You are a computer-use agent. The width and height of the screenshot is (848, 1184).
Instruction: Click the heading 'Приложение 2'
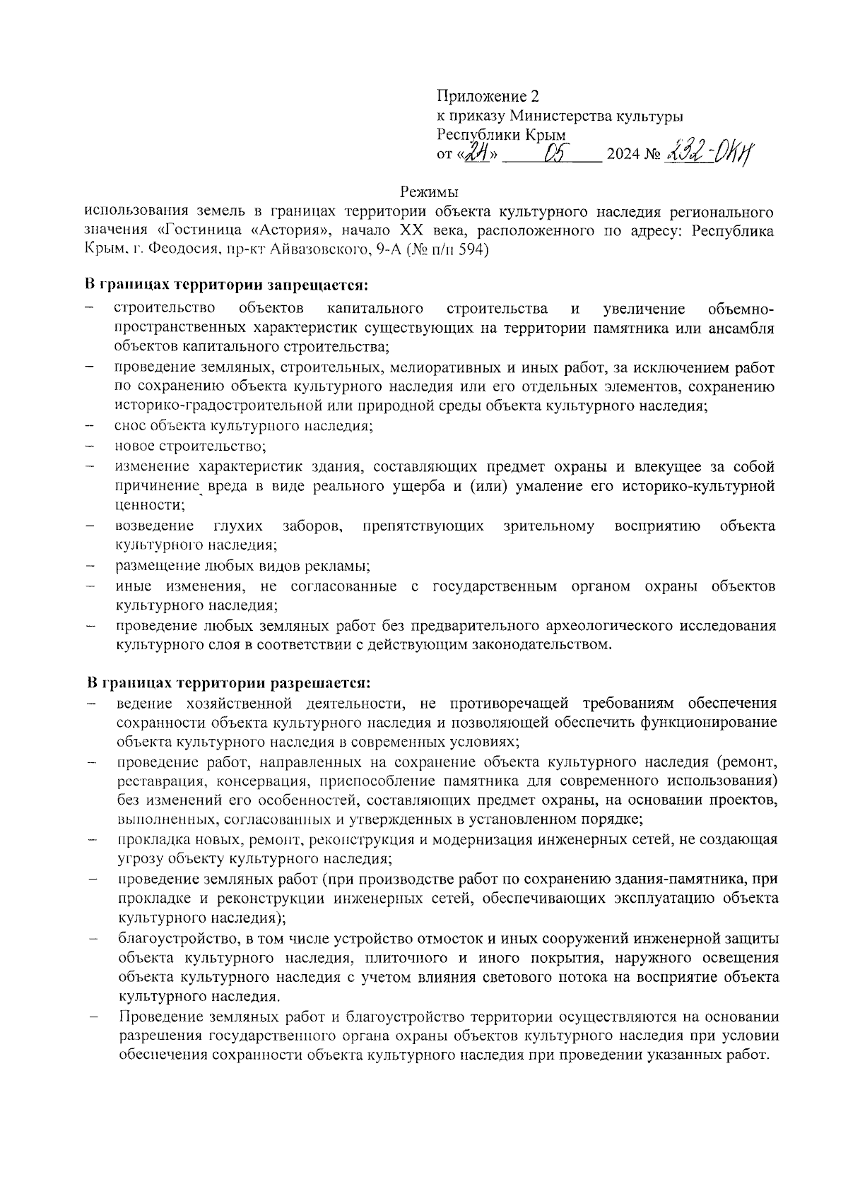482,96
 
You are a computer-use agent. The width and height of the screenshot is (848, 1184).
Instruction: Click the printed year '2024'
622,155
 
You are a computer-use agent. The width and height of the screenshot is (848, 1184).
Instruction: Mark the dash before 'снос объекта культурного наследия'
90,427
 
